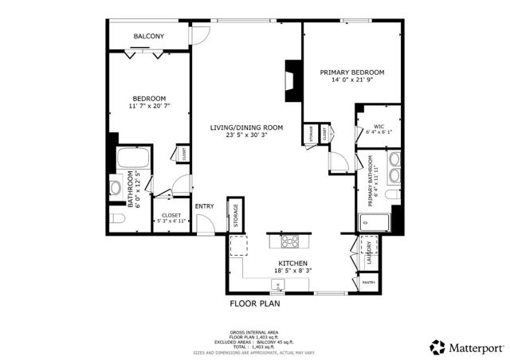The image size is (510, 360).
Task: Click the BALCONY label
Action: [148, 37]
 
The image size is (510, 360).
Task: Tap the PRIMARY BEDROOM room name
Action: [351, 72]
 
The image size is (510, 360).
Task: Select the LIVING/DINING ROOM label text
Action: [246, 127]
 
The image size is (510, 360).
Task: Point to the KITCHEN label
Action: [292, 264]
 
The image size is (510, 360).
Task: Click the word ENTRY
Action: [204, 206]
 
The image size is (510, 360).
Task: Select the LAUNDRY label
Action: [369, 253]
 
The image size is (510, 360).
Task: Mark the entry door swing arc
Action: [206, 225]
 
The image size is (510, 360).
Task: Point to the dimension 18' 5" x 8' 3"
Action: [292, 272]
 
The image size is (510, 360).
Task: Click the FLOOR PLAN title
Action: [255, 303]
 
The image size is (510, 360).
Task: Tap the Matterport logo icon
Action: [437, 346]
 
